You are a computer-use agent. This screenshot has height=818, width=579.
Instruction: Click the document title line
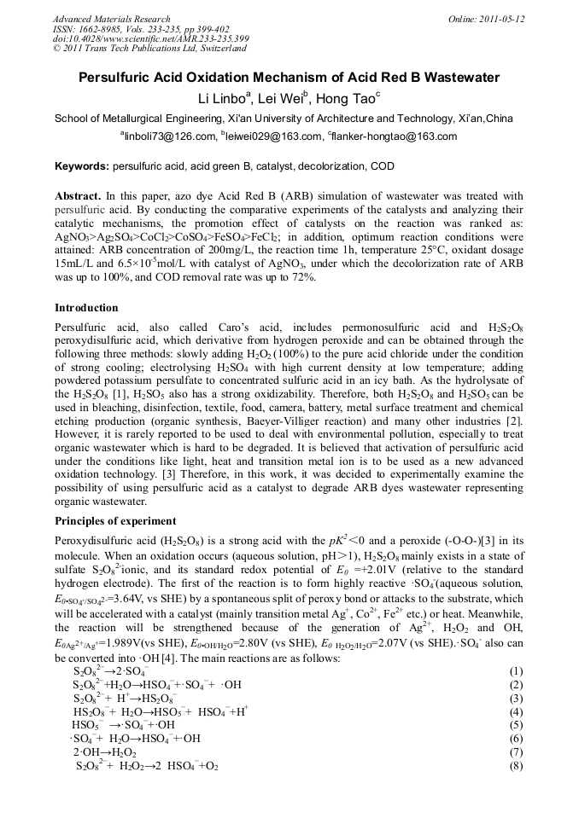click(x=289, y=78)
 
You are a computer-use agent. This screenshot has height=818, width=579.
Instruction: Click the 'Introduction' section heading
click(x=86, y=307)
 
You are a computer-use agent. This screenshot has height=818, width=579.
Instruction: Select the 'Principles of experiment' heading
click(x=115, y=521)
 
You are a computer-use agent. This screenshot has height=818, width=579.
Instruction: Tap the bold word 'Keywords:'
click(x=82, y=165)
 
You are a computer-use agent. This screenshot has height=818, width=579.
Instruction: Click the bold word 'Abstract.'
click(x=79, y=195)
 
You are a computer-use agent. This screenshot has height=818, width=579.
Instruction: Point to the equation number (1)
click(x=515, y=670)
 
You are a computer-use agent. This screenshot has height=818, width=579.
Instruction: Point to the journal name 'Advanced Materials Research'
click(x=111, y=19)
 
